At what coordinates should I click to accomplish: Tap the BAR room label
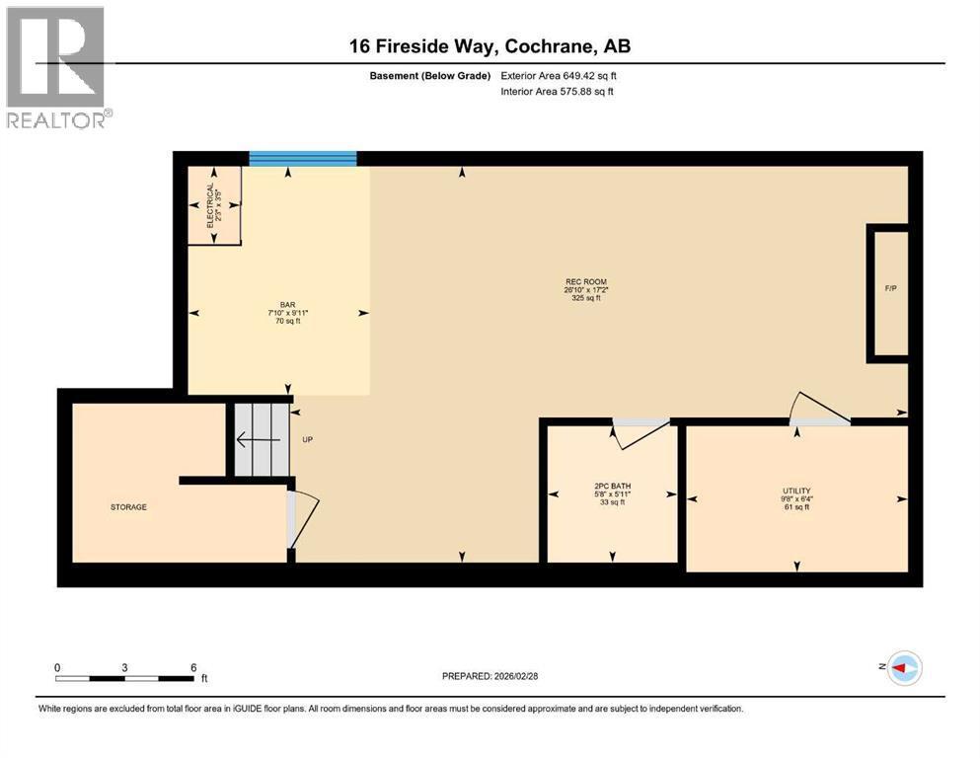[287, 305]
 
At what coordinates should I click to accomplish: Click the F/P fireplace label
[890, 289]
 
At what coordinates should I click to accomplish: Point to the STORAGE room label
[128, 507]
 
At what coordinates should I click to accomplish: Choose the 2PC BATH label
[613, 487]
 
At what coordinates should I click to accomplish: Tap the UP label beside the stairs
[307, 440]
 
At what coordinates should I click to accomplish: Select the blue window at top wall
[302, 158]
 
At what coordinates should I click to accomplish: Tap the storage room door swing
[304, 517]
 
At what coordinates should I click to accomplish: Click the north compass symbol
[903, 668]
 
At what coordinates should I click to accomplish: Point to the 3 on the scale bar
[124, 667]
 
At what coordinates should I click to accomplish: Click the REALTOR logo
[57, 67]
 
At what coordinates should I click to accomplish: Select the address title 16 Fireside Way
[490, 45]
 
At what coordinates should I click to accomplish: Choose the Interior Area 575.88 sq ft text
[560, 92]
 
